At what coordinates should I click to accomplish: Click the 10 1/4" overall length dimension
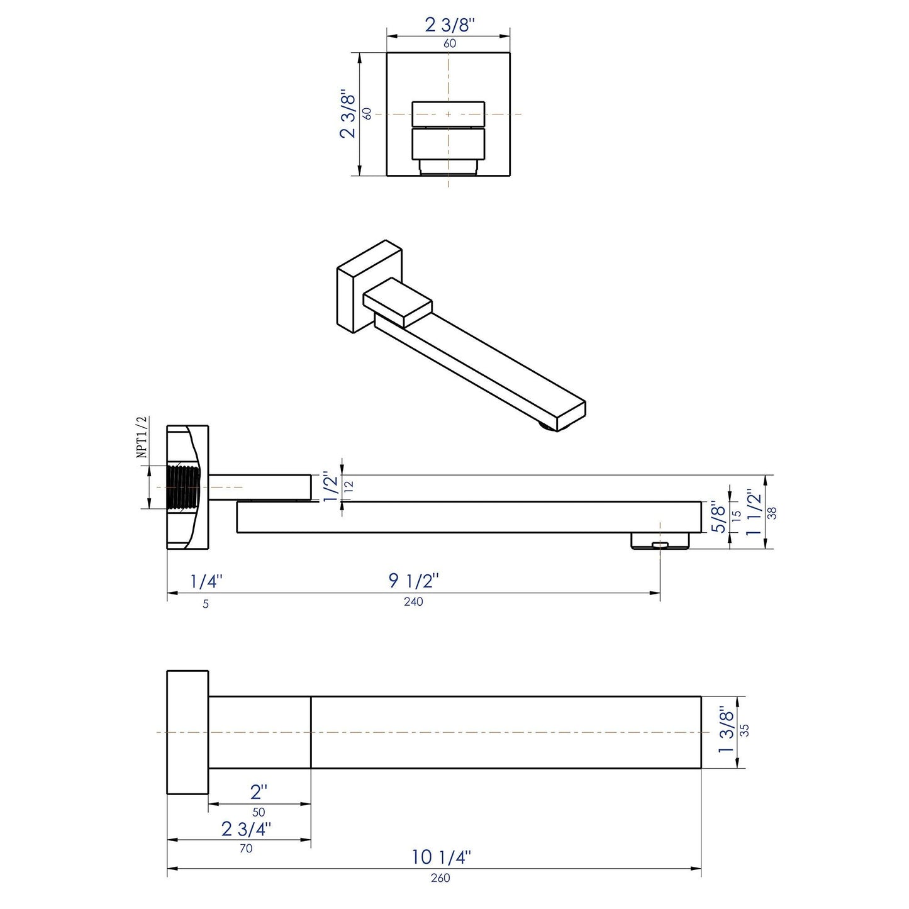(441, 857)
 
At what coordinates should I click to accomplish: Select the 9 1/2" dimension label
(413, 581)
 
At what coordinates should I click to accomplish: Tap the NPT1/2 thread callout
(142, 436)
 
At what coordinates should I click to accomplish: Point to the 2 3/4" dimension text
(246, 829)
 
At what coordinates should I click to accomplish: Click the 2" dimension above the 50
(259, 791)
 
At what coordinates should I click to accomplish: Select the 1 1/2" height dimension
(754, 512)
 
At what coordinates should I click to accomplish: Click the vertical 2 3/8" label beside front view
(348, 114)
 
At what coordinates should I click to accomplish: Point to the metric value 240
(413, 602)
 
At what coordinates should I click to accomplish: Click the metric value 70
(246, 849)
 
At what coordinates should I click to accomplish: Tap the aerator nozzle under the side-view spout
(660, 541)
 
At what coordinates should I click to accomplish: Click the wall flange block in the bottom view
(187, 732)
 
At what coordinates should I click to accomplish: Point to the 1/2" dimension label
(330, 488)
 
